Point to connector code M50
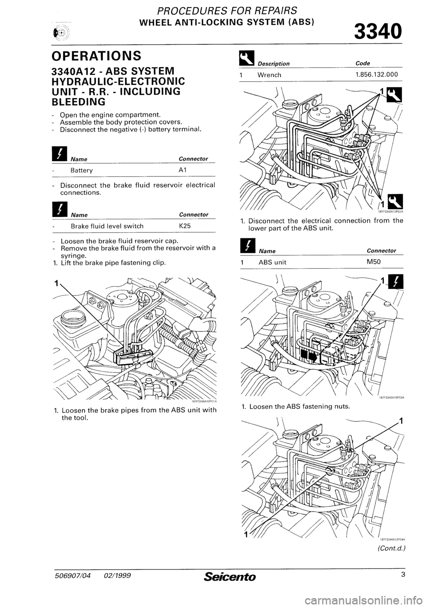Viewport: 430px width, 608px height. (373, 262)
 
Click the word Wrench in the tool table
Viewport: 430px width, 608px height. (269, 75)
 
